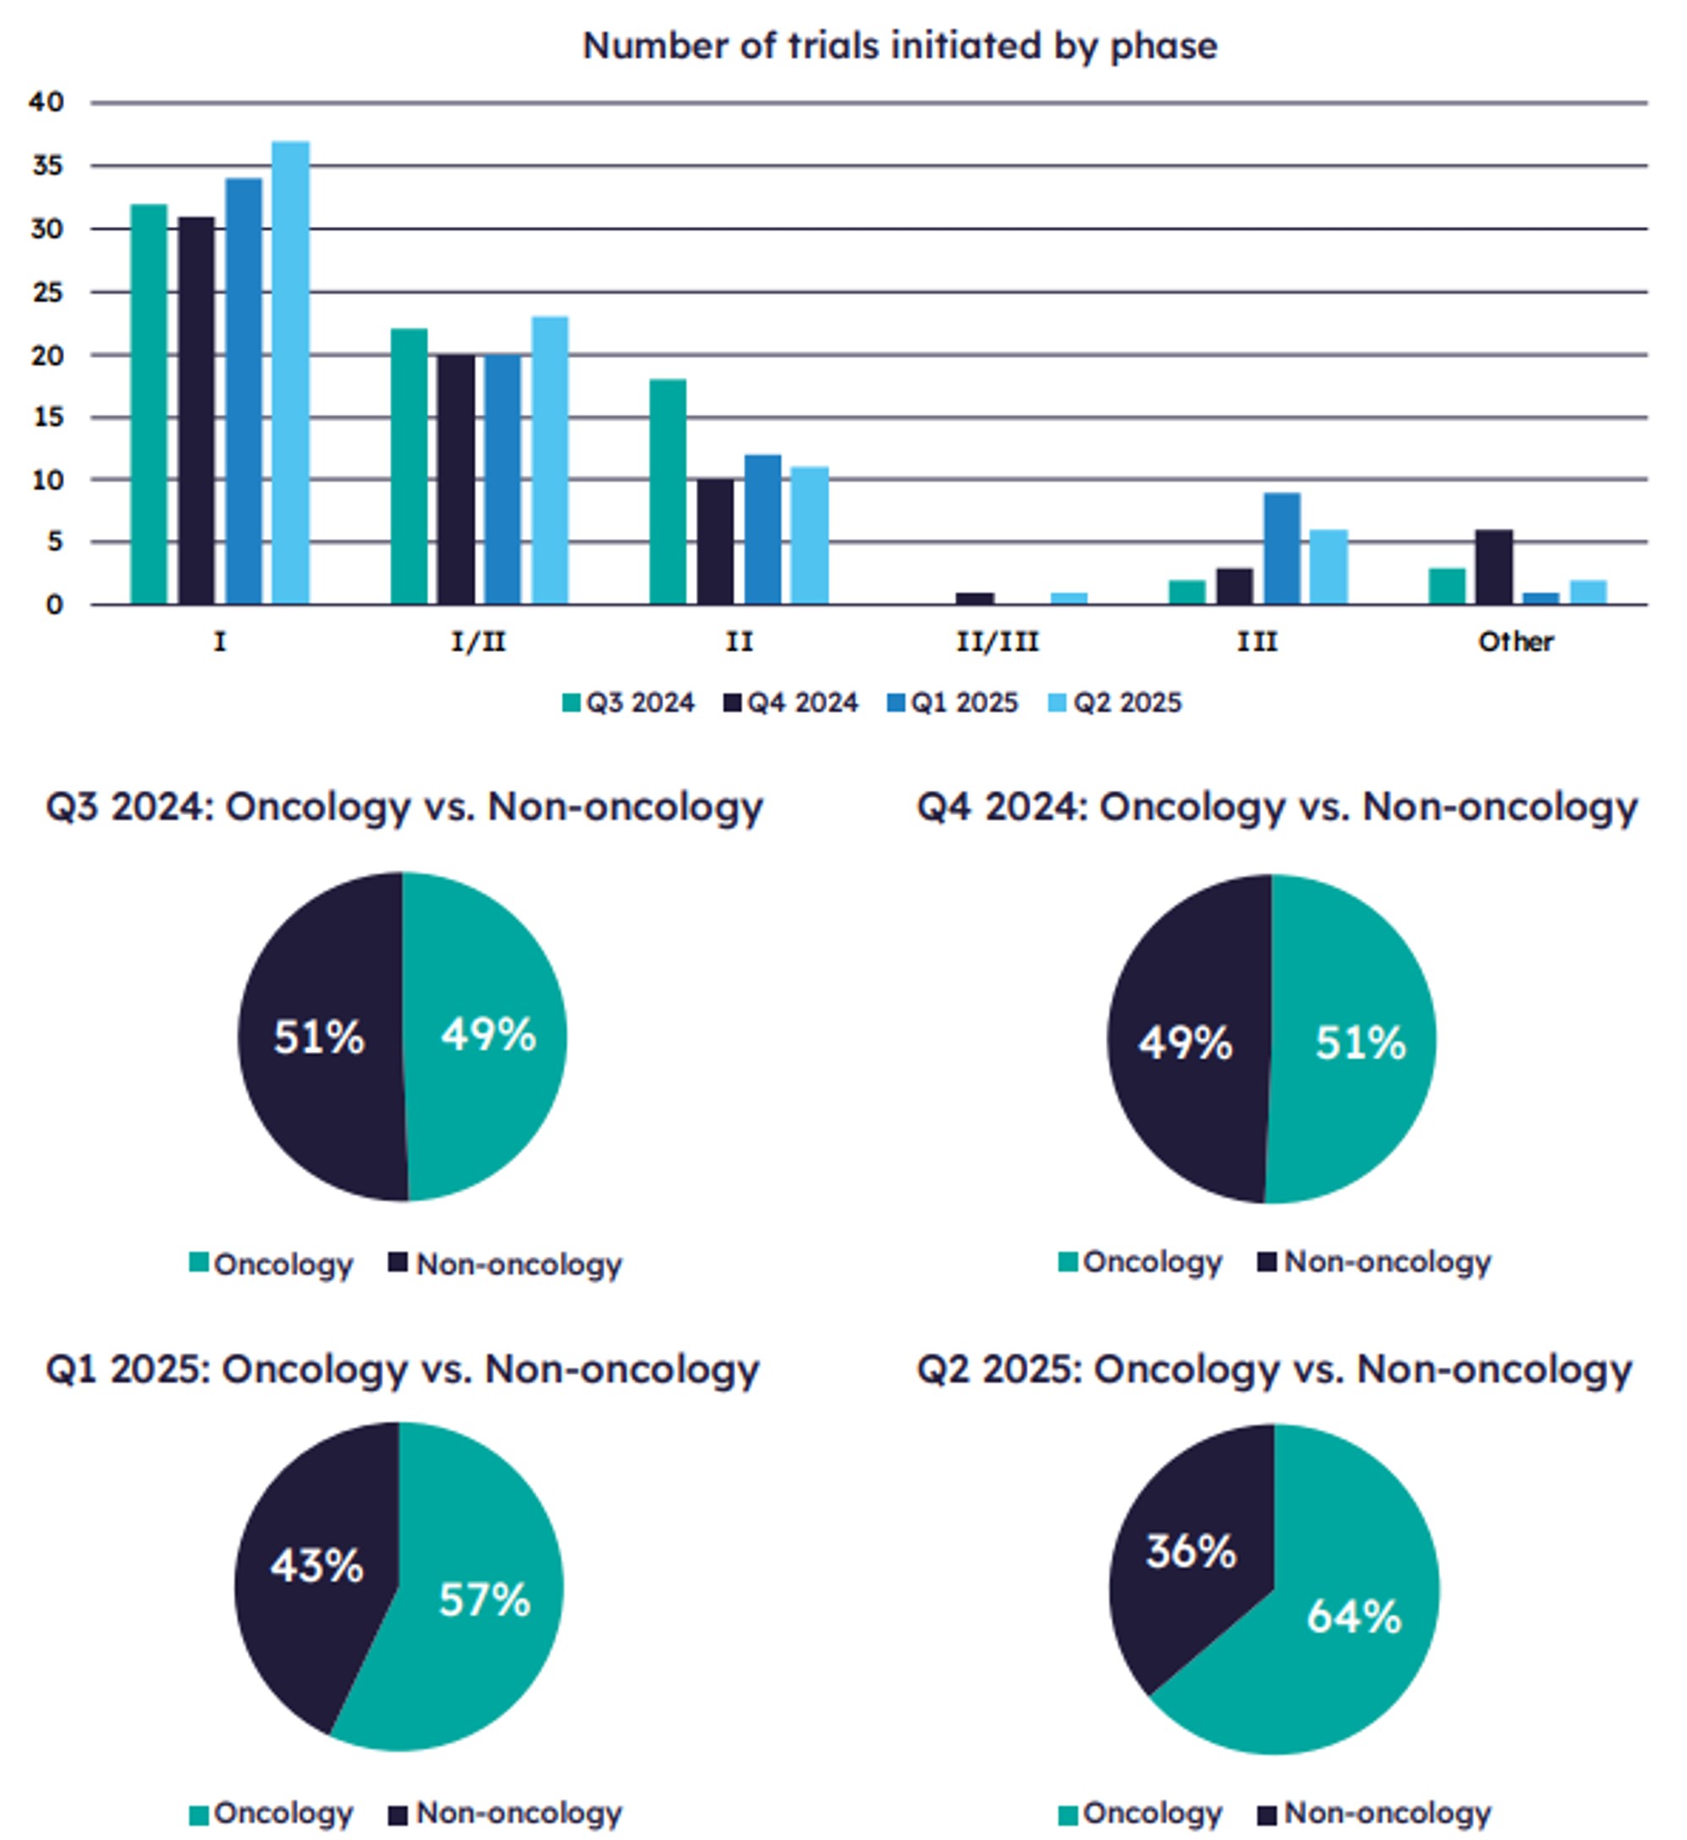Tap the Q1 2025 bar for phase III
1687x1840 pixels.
tap(1282, 548)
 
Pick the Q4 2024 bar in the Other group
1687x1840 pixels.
tap(1493, 567)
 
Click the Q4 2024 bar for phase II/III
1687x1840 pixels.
tap(975, 599)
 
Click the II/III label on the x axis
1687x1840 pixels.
tap(997, 642)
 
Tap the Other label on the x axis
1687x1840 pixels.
tap(1515, 642)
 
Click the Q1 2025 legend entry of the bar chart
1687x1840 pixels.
tap(952, 702)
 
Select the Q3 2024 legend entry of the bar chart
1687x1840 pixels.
tap(628, 702)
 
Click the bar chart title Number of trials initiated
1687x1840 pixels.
tap(899, 46)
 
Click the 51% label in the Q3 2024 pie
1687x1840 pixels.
tap(319, 1038)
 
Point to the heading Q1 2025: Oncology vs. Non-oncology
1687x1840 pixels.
tap(403, 1369)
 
